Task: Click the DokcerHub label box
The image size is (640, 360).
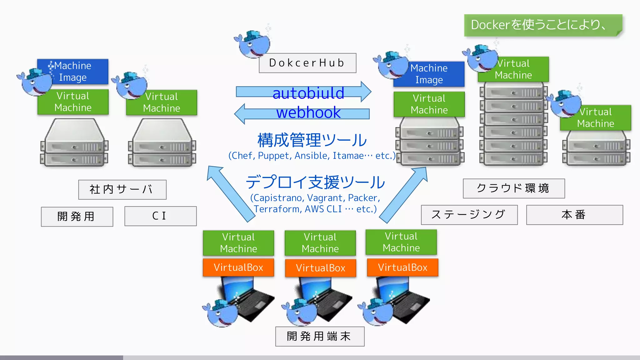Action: pyautogui.click(x=307, y=63)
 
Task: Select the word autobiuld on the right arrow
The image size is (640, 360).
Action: pyautogui.click(x=308, y=93)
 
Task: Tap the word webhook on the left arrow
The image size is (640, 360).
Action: pyautogui.click(x=308, y=112)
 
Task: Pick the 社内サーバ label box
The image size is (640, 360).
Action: pyautogui.click(x=122, y=189)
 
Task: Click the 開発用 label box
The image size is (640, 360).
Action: pyautogui.click(x=77, y=216)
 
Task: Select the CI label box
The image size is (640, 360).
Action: pyautogui.click(x=160, y=216)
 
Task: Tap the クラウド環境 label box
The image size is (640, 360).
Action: pyautogui.click(x=513, y=188)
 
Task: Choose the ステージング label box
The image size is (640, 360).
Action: pyautogui.click(x=469, y=215)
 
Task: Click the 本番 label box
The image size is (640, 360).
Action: pyautogui.click(x=574, y=215)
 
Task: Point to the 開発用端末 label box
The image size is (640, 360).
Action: pyautogui.click(x=319, y=336)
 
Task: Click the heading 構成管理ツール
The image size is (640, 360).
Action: pyautogui.click(x=312, y=140)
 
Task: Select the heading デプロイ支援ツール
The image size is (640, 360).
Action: pyautogui.click(x=315, y=182)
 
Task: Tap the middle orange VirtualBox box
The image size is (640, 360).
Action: pyautogui.click(x=320, y=268)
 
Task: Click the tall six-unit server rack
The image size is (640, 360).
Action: pyautogui.click(x=513, y=125)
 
